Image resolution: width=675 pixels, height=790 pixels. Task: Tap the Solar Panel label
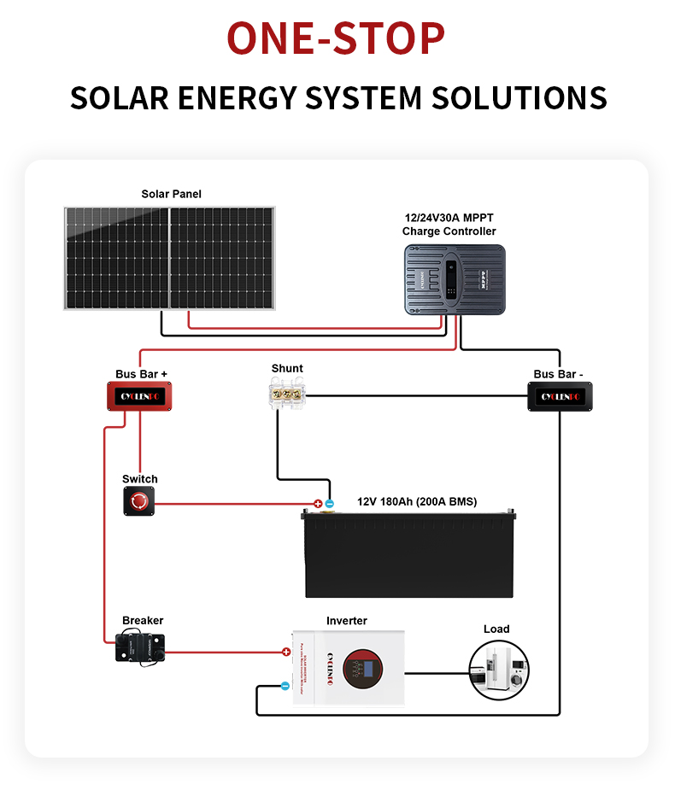171,194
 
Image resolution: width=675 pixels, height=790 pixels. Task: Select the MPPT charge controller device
455,278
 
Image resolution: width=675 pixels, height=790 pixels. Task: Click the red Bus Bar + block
140,396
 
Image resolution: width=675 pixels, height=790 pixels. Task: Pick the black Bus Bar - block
560,396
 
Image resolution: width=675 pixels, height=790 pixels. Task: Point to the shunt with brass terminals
287,395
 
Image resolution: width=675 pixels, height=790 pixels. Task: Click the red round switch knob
139,501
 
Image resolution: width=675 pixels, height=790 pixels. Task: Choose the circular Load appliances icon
499,670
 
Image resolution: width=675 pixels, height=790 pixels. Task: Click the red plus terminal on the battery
318,504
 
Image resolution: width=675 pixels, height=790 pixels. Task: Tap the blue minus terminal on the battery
330,504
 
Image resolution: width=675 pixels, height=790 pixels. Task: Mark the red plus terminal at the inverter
286,652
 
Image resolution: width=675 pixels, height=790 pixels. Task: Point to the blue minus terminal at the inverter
285,685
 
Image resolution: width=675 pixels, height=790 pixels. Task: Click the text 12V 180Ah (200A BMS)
417,501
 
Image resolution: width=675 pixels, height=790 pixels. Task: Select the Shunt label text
287,368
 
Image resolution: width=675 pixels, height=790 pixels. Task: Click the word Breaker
143,620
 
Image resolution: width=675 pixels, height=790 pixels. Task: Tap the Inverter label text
347,620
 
